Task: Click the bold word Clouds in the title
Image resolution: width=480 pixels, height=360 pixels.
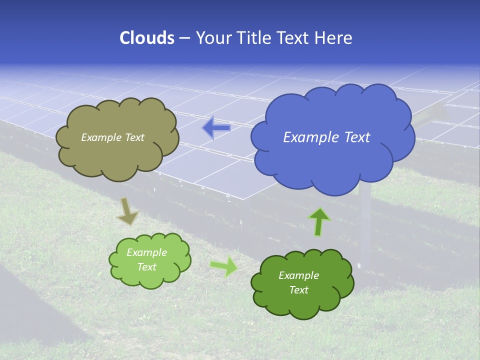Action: click(x=147, y=38)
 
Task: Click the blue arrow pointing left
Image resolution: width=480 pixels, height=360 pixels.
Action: click(x=216, y=128)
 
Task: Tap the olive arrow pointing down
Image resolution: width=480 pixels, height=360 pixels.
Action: click(x=127, y=211)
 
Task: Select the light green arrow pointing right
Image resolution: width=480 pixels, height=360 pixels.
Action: click(x=224, y=266)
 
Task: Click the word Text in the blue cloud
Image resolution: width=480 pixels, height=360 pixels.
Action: click(x=357, y=137)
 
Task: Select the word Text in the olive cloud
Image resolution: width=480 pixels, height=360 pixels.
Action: click(x=134, y=137)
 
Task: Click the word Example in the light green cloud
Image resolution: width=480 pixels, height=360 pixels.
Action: click(x=146, y=253)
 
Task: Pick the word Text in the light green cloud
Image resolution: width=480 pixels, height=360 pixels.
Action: click(x=147, y=267)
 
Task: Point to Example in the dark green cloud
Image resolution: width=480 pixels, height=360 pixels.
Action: click(x=298, y=275)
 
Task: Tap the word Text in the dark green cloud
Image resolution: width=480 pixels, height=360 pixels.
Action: click(x=298, y=290)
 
